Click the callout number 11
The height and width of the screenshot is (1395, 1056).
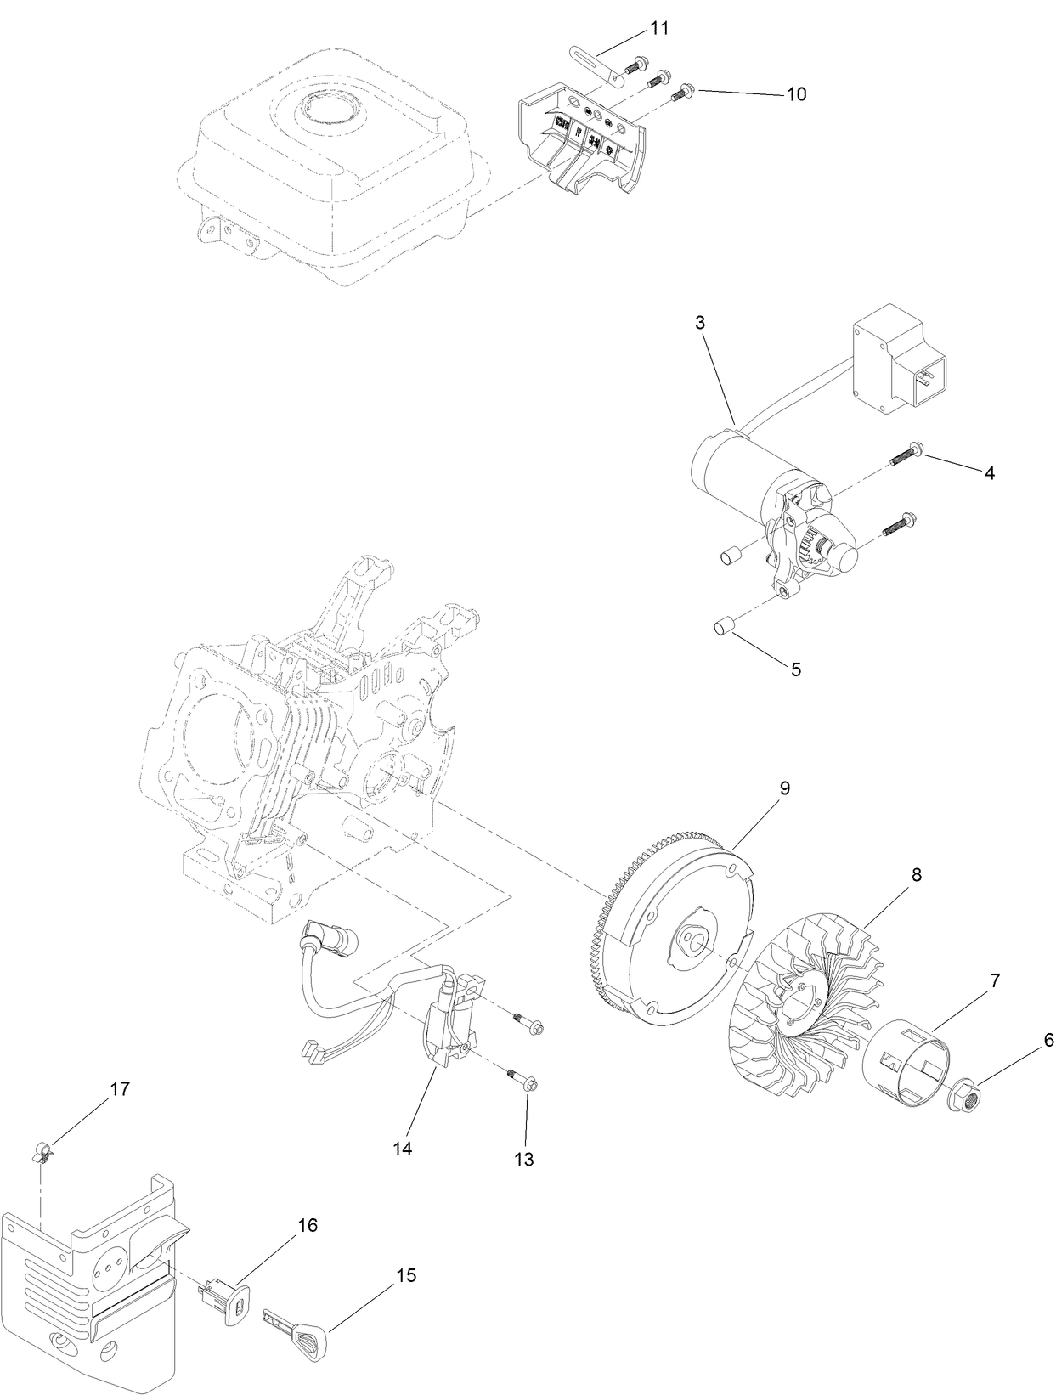659,28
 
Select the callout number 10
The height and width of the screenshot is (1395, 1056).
795,94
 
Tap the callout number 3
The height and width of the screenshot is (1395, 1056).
699,323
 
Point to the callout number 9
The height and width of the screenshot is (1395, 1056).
784,788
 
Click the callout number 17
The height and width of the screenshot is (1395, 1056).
121,1089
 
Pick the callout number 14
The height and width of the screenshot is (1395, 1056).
402,1149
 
